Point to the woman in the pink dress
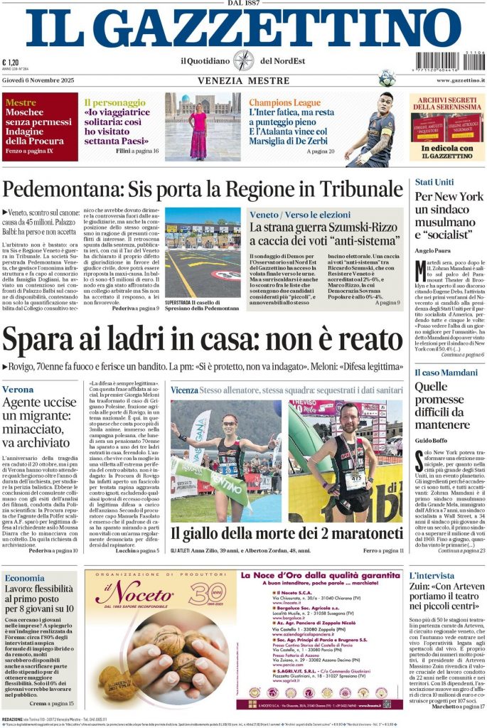198,132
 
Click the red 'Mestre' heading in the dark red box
20,102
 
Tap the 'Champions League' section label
284,102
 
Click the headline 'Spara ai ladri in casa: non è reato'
203,339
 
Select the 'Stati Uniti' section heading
434,182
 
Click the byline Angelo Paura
434,250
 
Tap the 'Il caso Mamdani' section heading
446,372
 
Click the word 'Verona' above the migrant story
18,390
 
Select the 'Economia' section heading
25,578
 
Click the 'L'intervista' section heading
432,576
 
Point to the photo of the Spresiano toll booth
203,242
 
